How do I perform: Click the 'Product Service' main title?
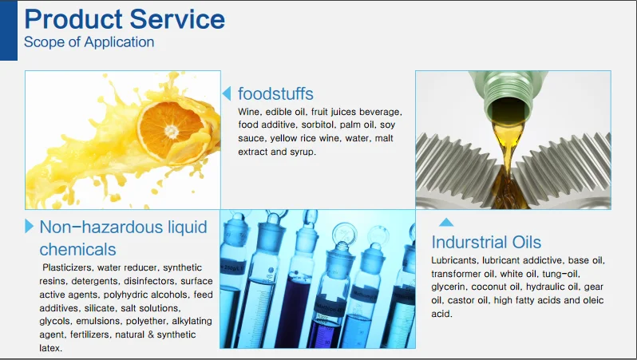(125, 19)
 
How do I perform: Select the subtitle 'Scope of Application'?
(89, 42)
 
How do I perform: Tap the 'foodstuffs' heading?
(275, 93)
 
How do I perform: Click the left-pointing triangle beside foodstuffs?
(227, 93)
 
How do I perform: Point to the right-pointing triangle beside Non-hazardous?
(29, 226)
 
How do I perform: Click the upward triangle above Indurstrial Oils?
(446, 222)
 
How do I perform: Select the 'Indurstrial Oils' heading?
(486, 242)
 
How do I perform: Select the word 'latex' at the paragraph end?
(50, 348)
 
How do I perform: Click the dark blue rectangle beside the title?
(9, 30)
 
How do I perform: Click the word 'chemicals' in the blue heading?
(77, 250)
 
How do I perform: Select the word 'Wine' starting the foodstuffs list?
(248, 112)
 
